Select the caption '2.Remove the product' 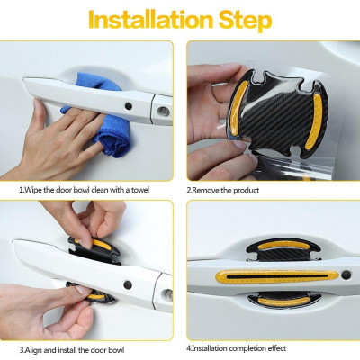(x=223, y=190)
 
